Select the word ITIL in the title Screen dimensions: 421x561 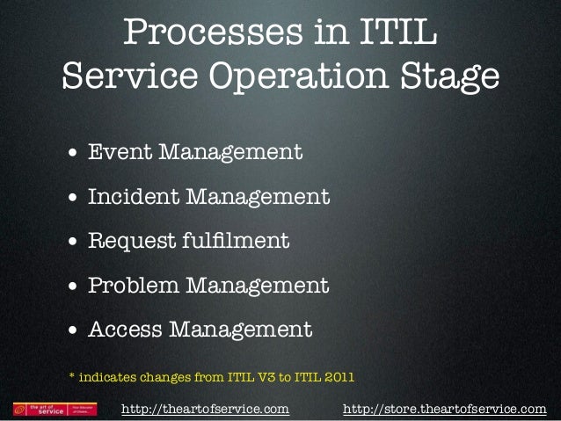[393, 34]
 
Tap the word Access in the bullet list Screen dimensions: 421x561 [125, 330]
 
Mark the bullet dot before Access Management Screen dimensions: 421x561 [74, 332]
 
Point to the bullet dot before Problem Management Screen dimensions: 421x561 [74, 287]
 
